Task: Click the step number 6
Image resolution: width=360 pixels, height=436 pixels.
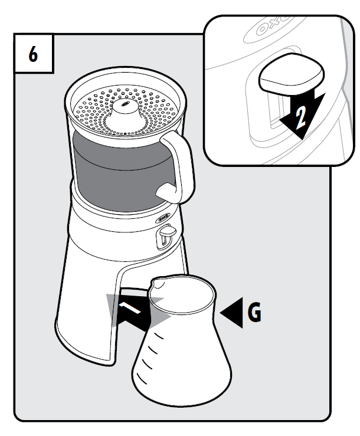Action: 33,54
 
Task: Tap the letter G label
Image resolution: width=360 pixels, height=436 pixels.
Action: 254,312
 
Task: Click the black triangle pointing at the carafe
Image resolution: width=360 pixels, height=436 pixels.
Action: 231,313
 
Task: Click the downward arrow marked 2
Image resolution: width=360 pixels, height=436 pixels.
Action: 302,114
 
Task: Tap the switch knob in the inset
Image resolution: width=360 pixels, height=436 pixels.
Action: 292,72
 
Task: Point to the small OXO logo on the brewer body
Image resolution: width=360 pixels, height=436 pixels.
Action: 163,218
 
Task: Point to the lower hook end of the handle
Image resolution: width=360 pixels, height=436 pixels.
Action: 165,191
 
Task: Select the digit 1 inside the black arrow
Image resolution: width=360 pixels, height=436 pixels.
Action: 130,307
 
